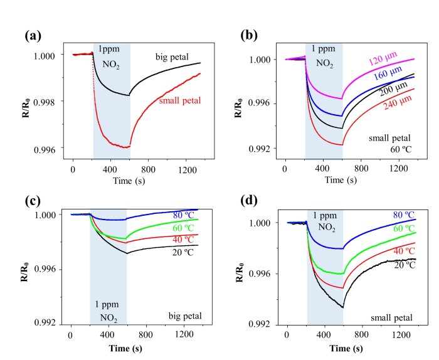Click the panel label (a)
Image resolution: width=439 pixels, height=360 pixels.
(x=33, y=36)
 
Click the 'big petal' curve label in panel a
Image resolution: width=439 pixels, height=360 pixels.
(x=173, y=58)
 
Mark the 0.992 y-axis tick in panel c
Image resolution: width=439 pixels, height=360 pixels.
(x=46, y=324)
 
